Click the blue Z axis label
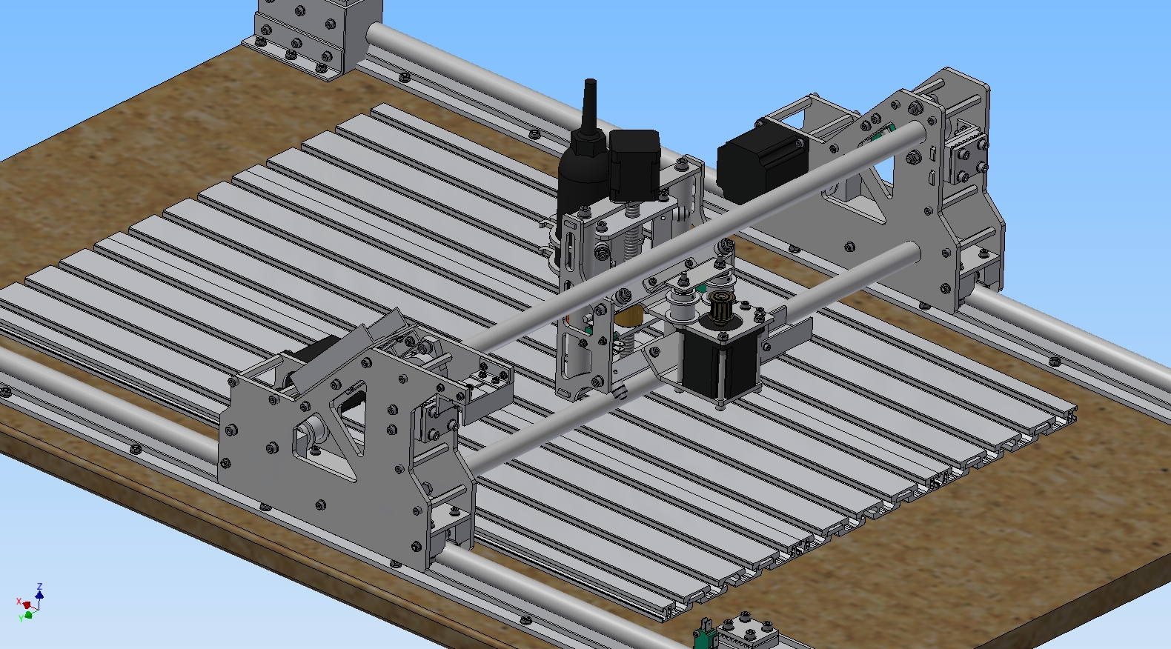tap(39, 586)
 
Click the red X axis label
tap(19, 602)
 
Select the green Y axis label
tap(21, 618)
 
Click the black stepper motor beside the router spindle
tap(634, 164)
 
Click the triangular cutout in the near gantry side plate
tap(351, 413)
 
